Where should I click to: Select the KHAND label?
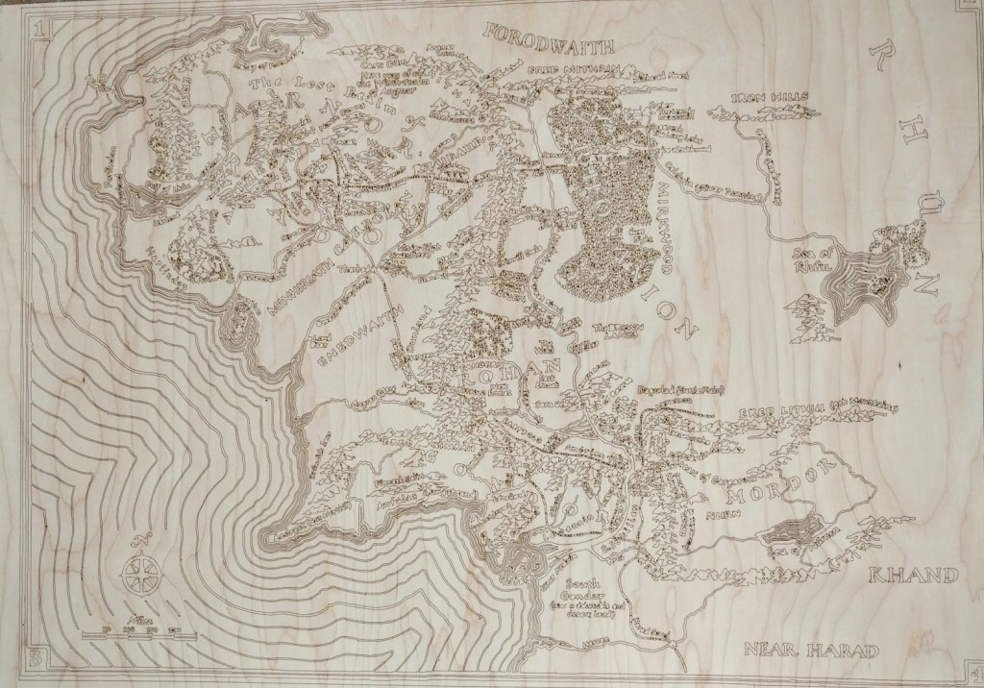point(913,575)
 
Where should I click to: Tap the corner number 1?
point(39,30)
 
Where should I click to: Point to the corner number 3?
point(36,658)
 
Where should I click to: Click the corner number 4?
point(974,669)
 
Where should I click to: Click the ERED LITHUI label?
point(777,410)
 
